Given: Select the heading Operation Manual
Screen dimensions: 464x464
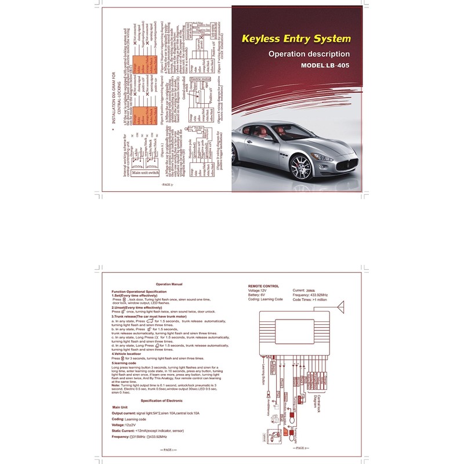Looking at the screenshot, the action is point(170,284).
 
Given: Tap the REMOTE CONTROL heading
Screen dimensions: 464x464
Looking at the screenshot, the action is point(263,287).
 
